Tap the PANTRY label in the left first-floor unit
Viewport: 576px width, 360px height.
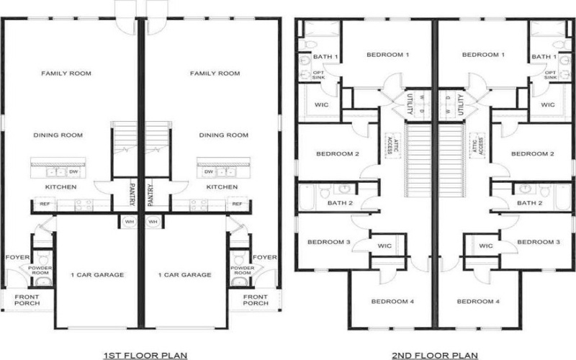click(133, 192)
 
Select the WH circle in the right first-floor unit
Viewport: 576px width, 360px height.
click(153, 222)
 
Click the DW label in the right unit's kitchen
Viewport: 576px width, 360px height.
click(209, 172)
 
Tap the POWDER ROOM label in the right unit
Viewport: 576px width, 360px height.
click(240, 270)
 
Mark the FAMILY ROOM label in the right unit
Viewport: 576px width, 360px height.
click(215, 73)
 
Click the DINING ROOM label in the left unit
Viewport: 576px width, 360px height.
click(58, 135)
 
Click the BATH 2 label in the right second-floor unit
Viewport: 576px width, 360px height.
click(530, 203)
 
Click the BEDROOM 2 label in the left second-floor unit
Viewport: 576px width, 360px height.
click(338, 153)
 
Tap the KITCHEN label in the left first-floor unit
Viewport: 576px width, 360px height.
click(60, 187)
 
